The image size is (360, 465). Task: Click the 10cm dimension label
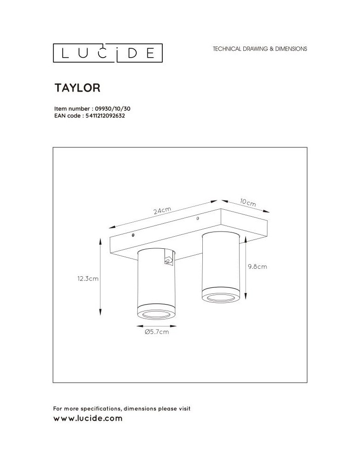(x=248, y=203)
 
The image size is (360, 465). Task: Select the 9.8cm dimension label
(x=257, y=267)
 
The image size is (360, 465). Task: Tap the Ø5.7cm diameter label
(x=156, y=332)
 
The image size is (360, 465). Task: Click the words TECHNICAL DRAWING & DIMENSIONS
(x=260, y=48)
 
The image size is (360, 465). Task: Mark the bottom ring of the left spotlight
(x=156, y=314)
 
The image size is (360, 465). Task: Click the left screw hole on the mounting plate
(x=134, y=236)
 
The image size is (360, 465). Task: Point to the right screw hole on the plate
(x=199, y=217)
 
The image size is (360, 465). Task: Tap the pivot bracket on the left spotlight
(x=168, y=261)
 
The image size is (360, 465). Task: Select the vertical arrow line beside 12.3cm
(x=100, y=277)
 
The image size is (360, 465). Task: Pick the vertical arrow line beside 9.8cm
(x=245, y=267)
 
